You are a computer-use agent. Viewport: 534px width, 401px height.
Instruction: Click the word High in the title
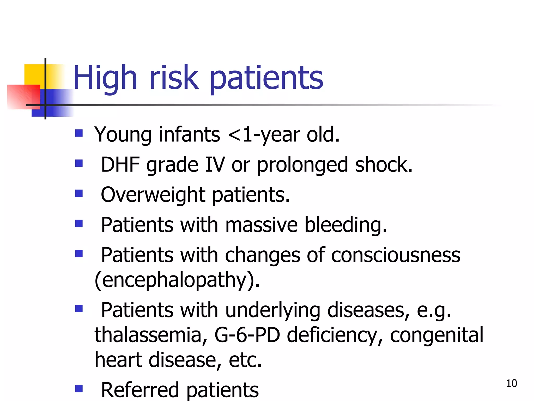click(105, 78)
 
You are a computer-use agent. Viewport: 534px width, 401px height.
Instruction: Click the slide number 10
click(511, 383)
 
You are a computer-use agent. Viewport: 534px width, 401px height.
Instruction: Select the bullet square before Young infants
click(79, 133)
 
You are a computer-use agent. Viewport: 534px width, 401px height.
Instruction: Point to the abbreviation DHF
click(120, 165)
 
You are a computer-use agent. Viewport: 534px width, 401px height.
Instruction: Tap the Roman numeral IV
click(215, 165)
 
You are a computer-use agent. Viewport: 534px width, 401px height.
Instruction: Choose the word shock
click(384, 165)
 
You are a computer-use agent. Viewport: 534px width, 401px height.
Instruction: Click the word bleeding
click(346, 225)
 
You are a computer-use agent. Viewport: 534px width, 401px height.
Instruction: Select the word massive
click(261, 225)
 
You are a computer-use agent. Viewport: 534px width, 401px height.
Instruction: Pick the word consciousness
click(396, 255)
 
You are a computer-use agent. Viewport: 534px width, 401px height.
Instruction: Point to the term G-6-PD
click(247, 335)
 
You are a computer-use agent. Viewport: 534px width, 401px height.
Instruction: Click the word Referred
click(140, 390)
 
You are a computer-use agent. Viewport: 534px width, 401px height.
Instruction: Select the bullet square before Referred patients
click(79, 389)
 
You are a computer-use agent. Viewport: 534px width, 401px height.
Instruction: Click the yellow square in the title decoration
click(34, 74)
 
